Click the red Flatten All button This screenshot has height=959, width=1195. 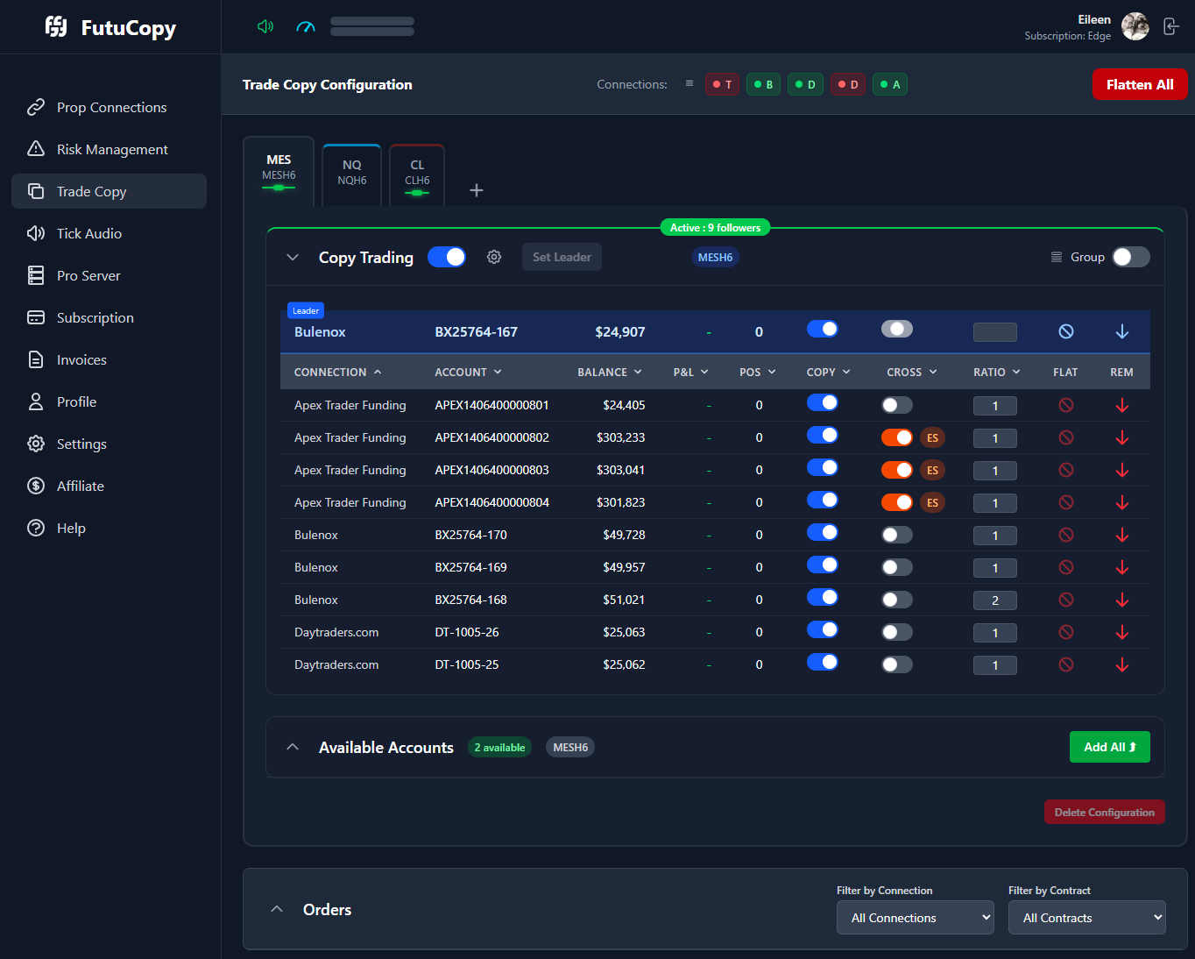coord(1139,85)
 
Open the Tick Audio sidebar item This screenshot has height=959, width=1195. coord(88,233)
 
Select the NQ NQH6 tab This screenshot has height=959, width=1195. coord(351,173)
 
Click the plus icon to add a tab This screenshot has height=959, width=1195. coord(477,190)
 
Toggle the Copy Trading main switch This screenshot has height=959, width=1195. coord(447,257)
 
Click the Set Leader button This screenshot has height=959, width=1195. coord(562,257)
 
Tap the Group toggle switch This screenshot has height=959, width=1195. coord(1130,257)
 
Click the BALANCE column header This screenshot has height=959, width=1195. coord(609,373)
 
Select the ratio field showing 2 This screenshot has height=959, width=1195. coord(995,600)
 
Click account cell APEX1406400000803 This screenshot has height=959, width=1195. coord(491,470)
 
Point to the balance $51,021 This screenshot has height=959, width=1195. coord(624,600)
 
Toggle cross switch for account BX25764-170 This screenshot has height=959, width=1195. coord(896,535)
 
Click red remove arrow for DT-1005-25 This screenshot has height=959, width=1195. coord(1121,664)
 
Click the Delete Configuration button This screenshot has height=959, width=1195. coord(1104,812)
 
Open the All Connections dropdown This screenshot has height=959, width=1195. coord(915,918)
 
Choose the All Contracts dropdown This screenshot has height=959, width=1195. coord(1086,918)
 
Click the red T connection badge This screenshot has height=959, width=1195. coord(722,85)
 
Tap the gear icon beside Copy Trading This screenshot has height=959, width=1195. coord(494,257)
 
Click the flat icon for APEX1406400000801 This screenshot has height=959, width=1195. coord(1065,405)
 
